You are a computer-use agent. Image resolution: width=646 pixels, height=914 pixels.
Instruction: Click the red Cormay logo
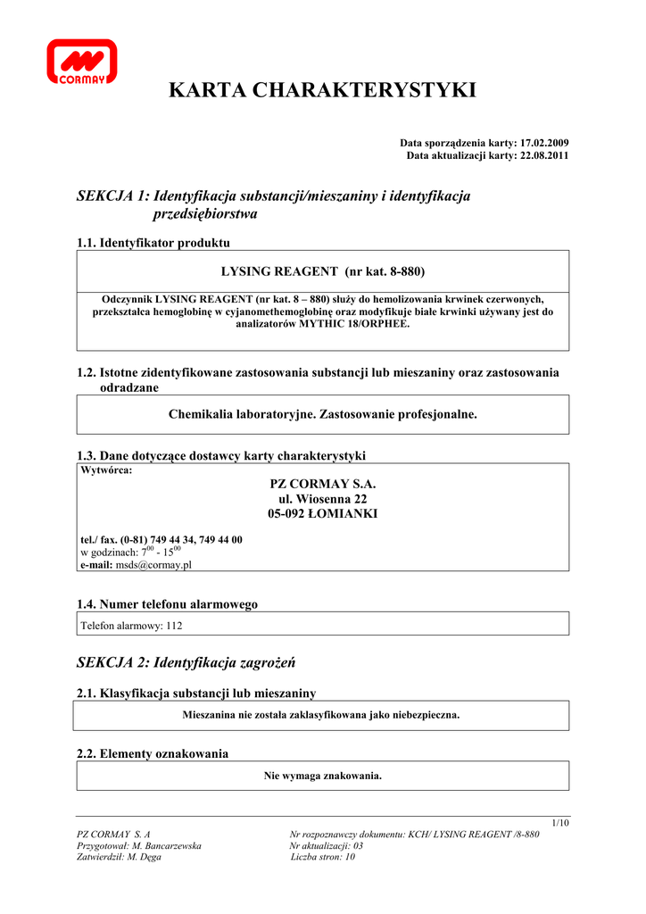(x=81, y=62)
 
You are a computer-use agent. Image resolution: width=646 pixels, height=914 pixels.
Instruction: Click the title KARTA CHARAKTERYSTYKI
(x=323, y=90)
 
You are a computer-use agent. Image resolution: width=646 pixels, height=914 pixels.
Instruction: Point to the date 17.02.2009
(x=544, y=143)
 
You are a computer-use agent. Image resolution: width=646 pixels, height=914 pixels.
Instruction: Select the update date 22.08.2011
(x=544, y=155)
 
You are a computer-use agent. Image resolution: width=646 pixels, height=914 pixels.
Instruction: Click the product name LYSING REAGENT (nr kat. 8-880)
(x=323, y=270)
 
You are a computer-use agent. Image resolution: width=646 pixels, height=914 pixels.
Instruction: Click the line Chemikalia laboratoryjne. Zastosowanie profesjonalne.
(x=323, y=414)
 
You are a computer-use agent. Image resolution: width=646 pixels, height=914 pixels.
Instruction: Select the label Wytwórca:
(x=106, y=470)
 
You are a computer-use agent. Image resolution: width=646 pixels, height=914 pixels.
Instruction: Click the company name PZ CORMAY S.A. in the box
(x=323, y=484)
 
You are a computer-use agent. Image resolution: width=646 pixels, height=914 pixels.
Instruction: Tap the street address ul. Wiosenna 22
(x=323, y=499)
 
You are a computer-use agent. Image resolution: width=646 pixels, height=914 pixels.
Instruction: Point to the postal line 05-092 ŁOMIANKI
(x=323, y=514)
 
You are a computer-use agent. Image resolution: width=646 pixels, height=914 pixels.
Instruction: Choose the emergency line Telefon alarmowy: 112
(x=131, y=626)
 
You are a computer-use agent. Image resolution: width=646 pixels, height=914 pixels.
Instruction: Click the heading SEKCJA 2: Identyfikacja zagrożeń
(x=186, y=663)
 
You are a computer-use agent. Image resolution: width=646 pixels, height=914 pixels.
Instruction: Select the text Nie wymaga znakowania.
(x=323, y=776)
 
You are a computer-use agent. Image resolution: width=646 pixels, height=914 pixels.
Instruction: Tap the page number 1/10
(x=560, y=822)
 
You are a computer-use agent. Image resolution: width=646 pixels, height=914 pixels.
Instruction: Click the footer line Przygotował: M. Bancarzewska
(x=140, y=845)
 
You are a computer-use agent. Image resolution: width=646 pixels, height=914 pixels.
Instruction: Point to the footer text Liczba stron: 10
(x=323, y=857)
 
